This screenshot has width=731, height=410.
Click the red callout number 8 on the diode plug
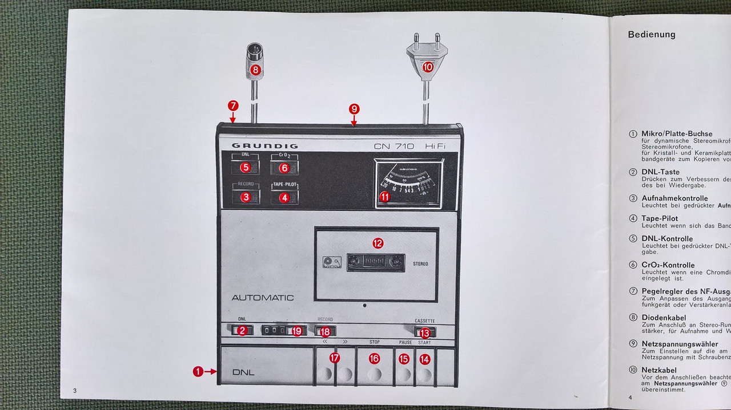[255, 70]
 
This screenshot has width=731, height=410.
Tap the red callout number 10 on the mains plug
[428, 67]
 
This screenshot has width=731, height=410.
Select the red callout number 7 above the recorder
[233, 105]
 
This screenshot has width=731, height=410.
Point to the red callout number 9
[354, 108]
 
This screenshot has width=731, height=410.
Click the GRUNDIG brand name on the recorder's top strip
[264, 145]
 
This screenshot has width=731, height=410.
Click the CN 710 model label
[394, 146]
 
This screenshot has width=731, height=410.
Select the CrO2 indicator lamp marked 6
[284, 168]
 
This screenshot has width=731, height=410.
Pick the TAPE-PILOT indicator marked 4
[284, 197]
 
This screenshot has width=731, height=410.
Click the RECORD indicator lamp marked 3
[246, 197]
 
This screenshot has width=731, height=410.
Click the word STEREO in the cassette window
[420, 264]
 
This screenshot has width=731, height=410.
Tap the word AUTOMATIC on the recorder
[263, 298]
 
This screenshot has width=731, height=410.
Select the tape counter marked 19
[283, 331]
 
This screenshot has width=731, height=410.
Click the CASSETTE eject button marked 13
[425, 332]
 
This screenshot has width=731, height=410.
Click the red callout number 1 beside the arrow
[198, 372]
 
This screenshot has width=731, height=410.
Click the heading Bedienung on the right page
[651, 34]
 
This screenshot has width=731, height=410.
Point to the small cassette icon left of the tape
[331, 262]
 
